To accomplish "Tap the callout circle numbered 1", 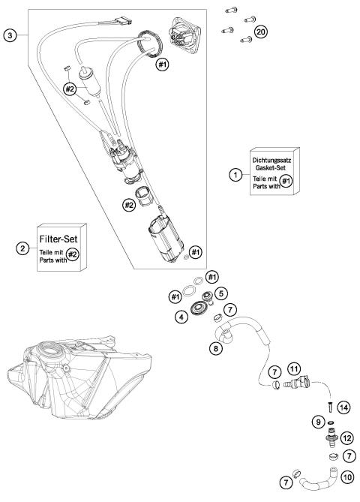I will pos(235,175).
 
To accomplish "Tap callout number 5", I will pos(220,293).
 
